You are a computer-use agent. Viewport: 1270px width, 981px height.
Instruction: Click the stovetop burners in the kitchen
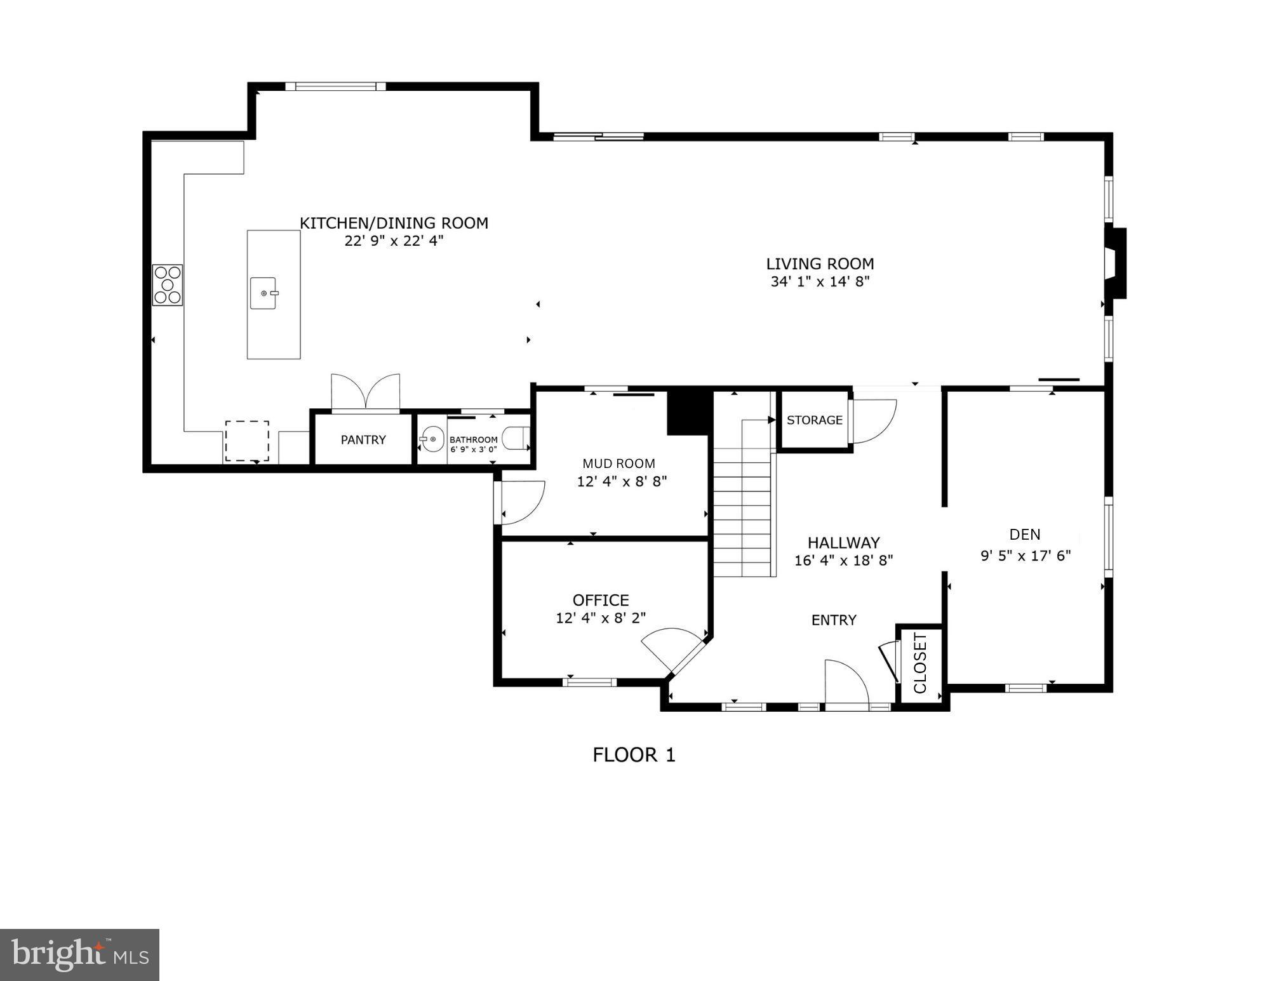pyautogui.click(x=168, y=285)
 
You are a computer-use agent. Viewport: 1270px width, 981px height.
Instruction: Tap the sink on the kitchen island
pyautogui.click(x=264, y=293)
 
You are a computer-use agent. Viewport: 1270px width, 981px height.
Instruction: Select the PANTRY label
pyautogui.click(x=363, y=439)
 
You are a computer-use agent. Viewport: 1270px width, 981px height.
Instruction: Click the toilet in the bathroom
pyautogui.click(x=516, y=438)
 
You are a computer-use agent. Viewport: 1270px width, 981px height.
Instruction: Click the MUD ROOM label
pyautogui.click(x=618, y=464)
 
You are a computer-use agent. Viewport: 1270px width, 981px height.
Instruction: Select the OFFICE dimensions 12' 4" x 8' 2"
pyautogui.click(x=601, y=618)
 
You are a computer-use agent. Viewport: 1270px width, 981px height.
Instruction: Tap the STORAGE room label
pyautogui.click(x=814, y=420)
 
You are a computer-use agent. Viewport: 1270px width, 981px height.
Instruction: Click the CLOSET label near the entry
pyautogui.click(x=920, y=663)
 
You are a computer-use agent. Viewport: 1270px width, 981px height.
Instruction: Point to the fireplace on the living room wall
pyautogui.click(x=1114, y=263)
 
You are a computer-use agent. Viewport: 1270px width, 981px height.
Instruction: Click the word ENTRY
pyautogui.click(x=834, y=620)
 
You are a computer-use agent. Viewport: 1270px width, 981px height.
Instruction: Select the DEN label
pyautogui.click(x=1024, y=535)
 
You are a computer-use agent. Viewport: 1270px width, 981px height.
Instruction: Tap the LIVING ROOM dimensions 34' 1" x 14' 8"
pyautogui.click(x=819, y=282)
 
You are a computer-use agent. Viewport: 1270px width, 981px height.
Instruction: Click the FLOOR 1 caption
pyautogui.click(x=634, y=755)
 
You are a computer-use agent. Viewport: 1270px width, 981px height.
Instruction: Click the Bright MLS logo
pyautogui.click(x=79, y=954)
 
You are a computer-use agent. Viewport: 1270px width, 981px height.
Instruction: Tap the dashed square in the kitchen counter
pyautogui.click(x=247, y=441)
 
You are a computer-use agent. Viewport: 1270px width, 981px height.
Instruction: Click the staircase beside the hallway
pyautogui.click(x=742, y=502)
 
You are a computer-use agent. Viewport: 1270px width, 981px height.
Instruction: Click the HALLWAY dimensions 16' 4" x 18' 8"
pyautogui.click(x=843, y=561)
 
